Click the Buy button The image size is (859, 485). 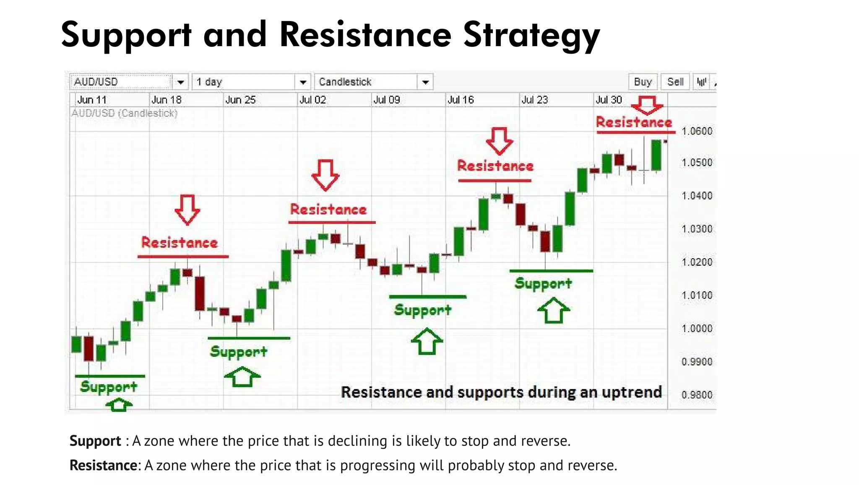tap(643, 82)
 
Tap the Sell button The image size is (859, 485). tap(675, 82)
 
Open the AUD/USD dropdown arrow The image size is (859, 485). tap(181, 82)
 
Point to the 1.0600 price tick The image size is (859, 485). tap(697, 131)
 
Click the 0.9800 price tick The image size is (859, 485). tap(697, 395)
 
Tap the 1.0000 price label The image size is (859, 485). tap(697, 329)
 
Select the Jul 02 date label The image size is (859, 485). tap(312, 100)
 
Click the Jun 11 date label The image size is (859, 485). tap(92, 100)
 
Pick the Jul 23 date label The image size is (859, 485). tap(535, 100)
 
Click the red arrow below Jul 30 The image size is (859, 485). tap(647, 105)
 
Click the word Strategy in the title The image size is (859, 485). tap(531, 35)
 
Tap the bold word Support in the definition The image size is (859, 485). tap(95, 441)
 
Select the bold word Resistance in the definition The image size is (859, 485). tap(103, 465)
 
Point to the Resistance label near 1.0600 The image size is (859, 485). tap(634, 122)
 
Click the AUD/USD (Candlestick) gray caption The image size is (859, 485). tap(125, 113)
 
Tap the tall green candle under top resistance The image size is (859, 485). tap(656, 155)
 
